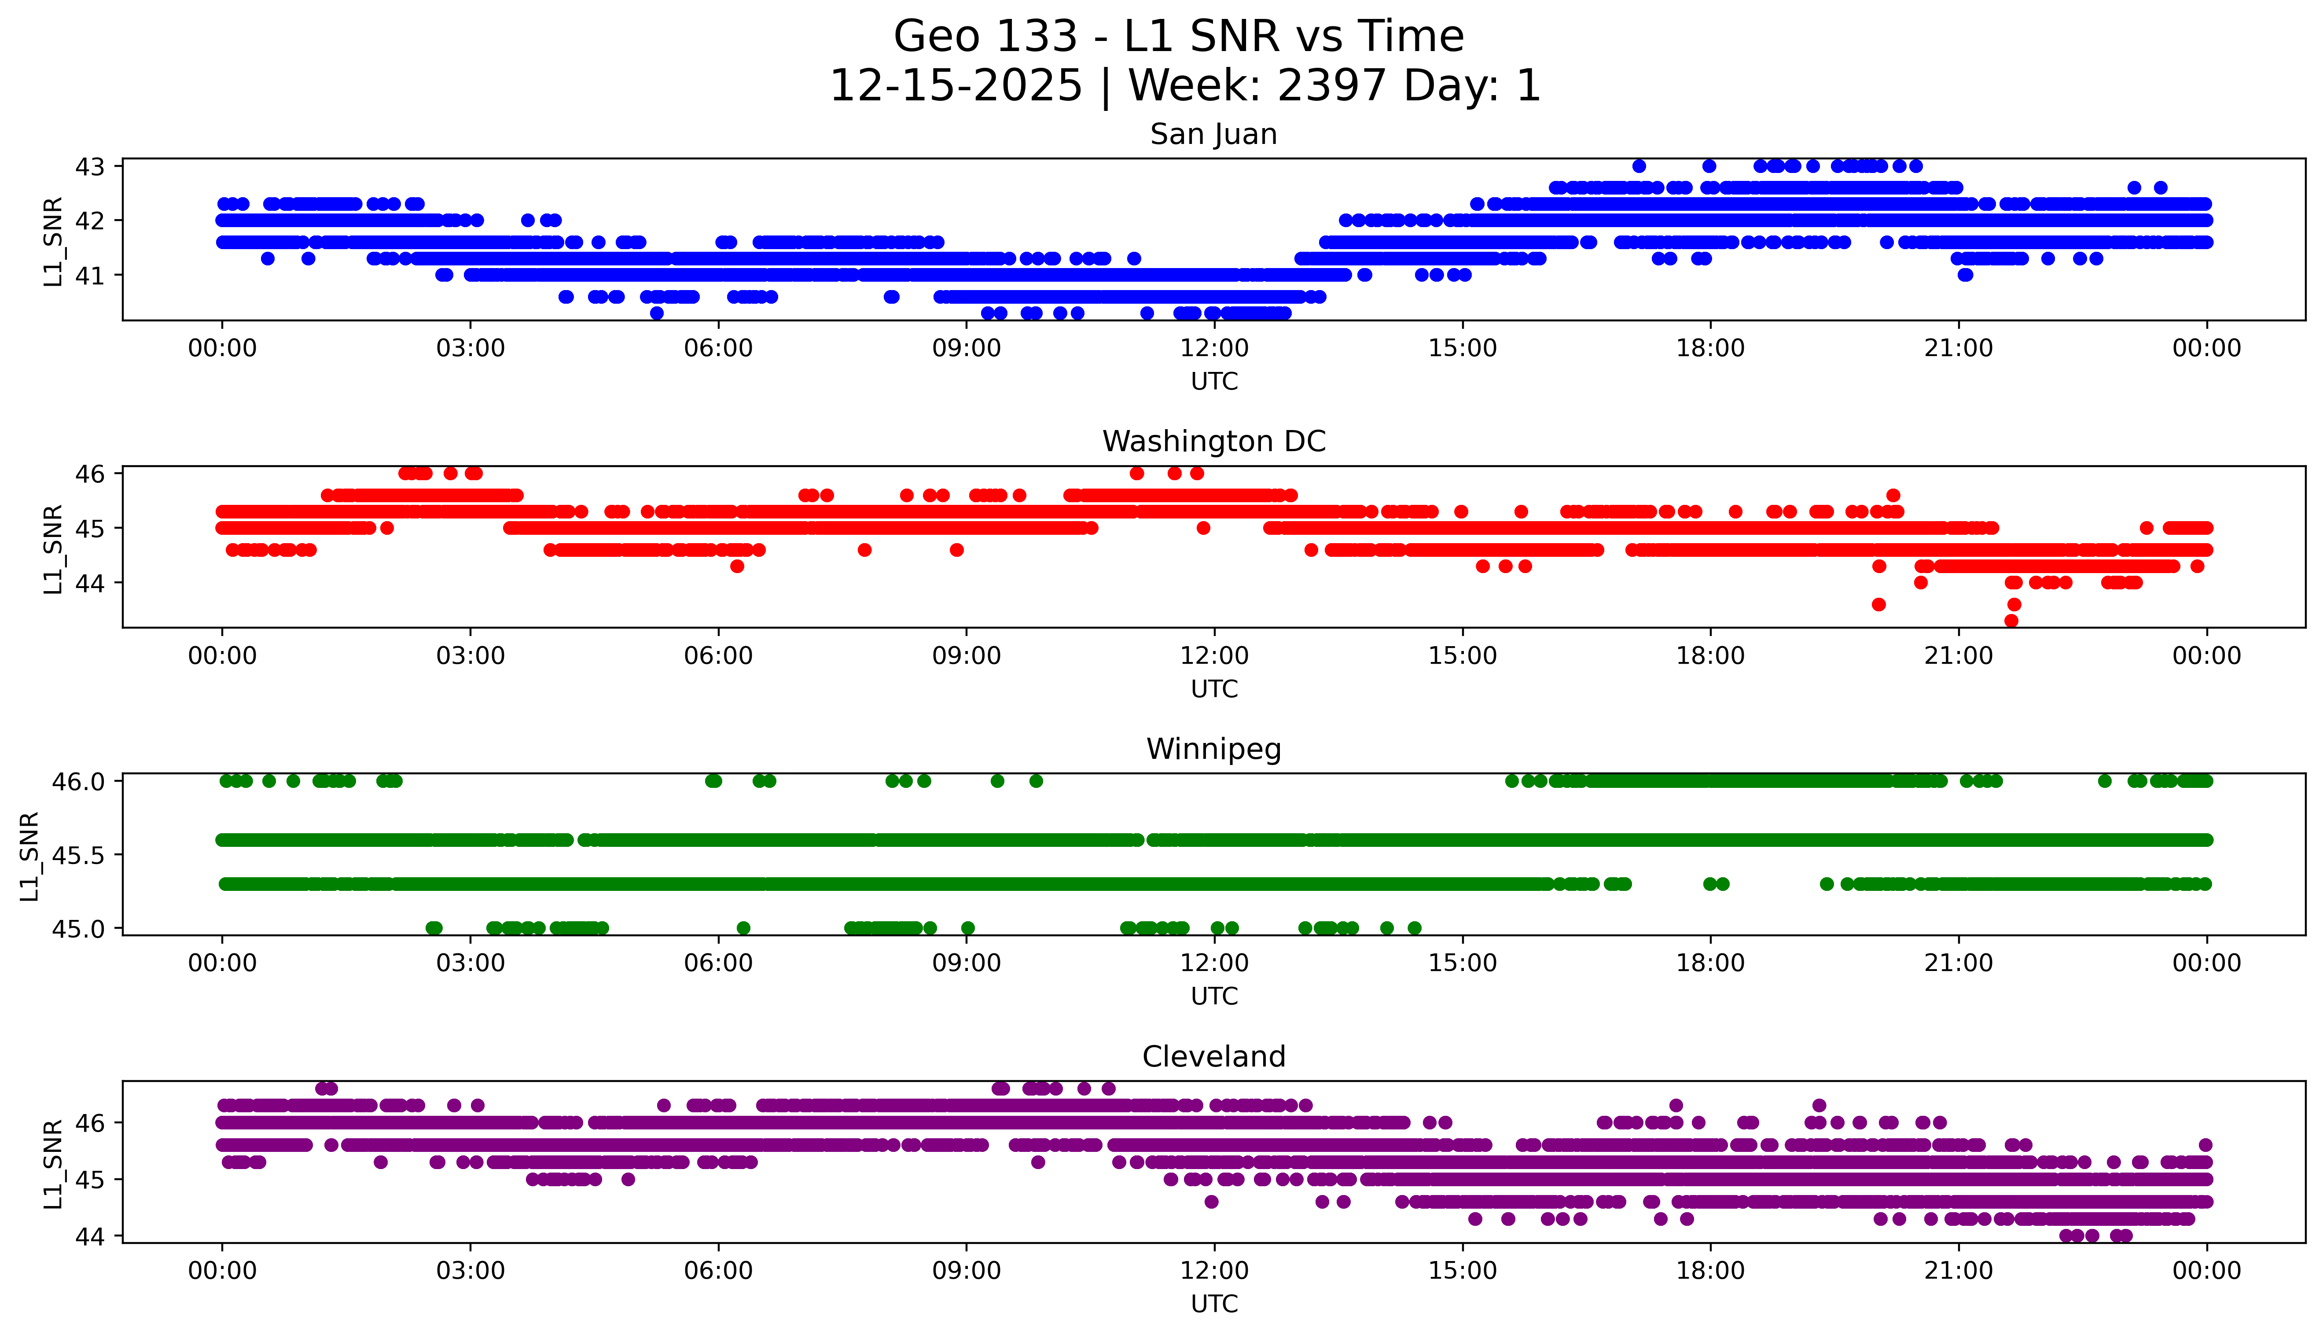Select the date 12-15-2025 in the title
(955, 86)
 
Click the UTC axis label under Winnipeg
(1214, 997)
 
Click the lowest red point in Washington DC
(2011, 621)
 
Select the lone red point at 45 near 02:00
(387, 528)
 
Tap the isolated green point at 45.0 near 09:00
(967, 928)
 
